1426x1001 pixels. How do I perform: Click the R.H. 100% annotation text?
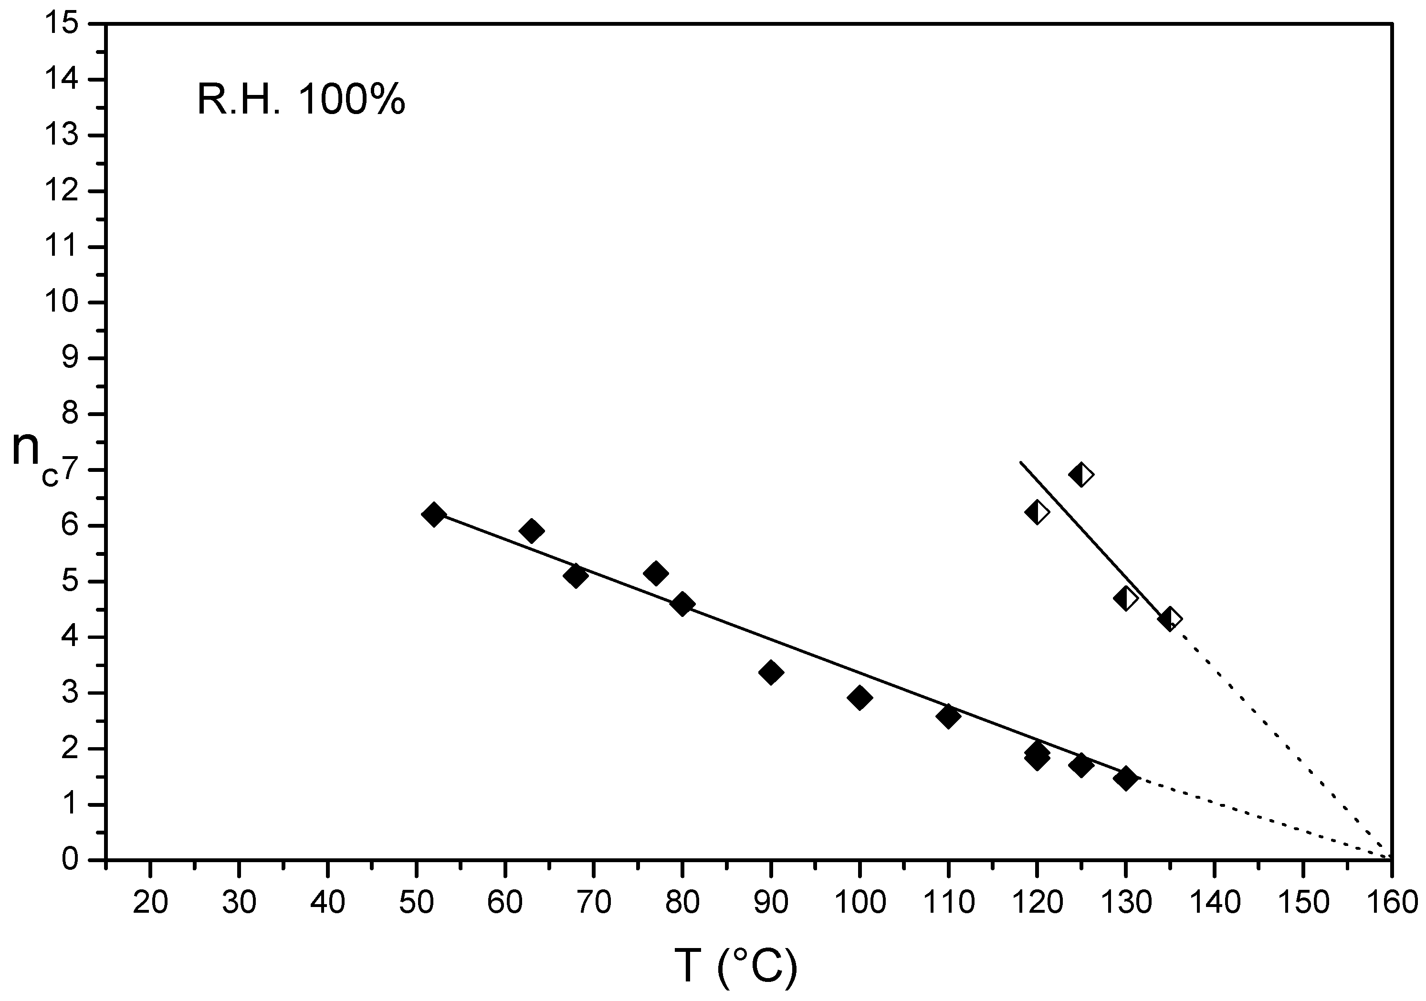[x=301, y=99]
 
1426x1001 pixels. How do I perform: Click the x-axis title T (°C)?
[x=735, y=965]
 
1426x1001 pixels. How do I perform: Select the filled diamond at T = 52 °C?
[x=433, y=515]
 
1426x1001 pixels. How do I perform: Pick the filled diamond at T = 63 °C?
[x=531, y=531]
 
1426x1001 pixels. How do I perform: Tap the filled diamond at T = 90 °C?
[x=771, y=672]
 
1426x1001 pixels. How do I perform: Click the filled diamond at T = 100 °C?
[x=860, y=698]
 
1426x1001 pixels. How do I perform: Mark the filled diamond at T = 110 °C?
[x=948, y=716]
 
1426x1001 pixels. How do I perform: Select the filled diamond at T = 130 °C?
[x=1125, y=778]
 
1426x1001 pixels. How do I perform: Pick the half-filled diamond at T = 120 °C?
[x=1037, y=512]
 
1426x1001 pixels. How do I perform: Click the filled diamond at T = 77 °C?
[x=655, y=573]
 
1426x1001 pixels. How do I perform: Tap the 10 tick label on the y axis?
[x=61, y=303]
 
